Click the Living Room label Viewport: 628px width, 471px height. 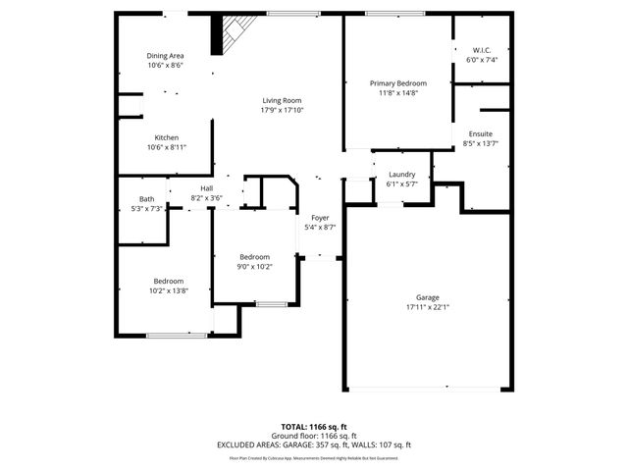pos(281,100)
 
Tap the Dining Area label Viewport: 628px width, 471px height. pos(166,55)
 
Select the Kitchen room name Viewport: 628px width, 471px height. pos(166,136)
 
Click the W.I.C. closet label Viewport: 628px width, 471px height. pos(482,50)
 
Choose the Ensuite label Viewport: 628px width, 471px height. pos(480,133)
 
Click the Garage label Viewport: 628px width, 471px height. pos(427,296)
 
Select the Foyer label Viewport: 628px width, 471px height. pos(320,217)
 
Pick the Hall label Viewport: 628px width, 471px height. pos(206,187)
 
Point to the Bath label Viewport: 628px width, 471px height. pos(146,199)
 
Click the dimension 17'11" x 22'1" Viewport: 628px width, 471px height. pos(427,306)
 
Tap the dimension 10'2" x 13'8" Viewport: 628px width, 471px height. pos(168,290)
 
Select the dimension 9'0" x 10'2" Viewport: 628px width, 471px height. pos(254,266)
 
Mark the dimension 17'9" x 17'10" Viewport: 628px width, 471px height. pos(282,110)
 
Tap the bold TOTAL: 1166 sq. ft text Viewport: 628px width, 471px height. pos(313,428)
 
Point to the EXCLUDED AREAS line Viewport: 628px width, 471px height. pos(313,445)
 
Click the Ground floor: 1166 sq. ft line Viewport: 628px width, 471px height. pos(313,436)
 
